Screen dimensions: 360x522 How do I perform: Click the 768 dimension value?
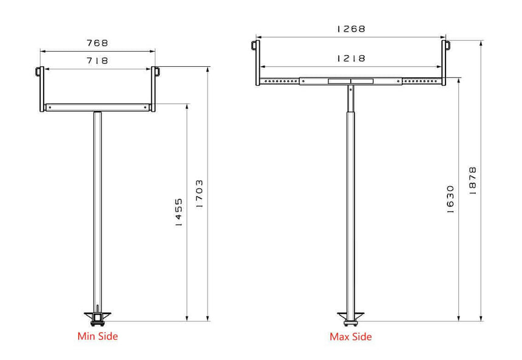97,43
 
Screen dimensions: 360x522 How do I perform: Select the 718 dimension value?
97,61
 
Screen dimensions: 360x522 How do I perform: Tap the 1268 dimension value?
351,29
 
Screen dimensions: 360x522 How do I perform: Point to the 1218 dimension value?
351,58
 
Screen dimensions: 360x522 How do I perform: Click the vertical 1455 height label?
178,212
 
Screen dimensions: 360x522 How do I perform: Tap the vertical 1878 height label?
473,180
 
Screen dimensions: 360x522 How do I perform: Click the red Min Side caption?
98,336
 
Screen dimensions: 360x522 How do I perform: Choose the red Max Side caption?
351,336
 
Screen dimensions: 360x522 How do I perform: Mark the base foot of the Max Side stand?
350,317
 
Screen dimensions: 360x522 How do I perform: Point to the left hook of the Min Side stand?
39,72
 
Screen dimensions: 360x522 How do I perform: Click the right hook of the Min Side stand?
156,72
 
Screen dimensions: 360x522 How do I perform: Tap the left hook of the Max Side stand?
255,45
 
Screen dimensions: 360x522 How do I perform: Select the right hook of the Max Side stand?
447,45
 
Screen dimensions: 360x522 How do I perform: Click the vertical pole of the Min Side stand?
97,212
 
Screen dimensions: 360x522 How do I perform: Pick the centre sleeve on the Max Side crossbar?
351,81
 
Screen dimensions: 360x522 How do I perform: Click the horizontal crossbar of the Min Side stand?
97,107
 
